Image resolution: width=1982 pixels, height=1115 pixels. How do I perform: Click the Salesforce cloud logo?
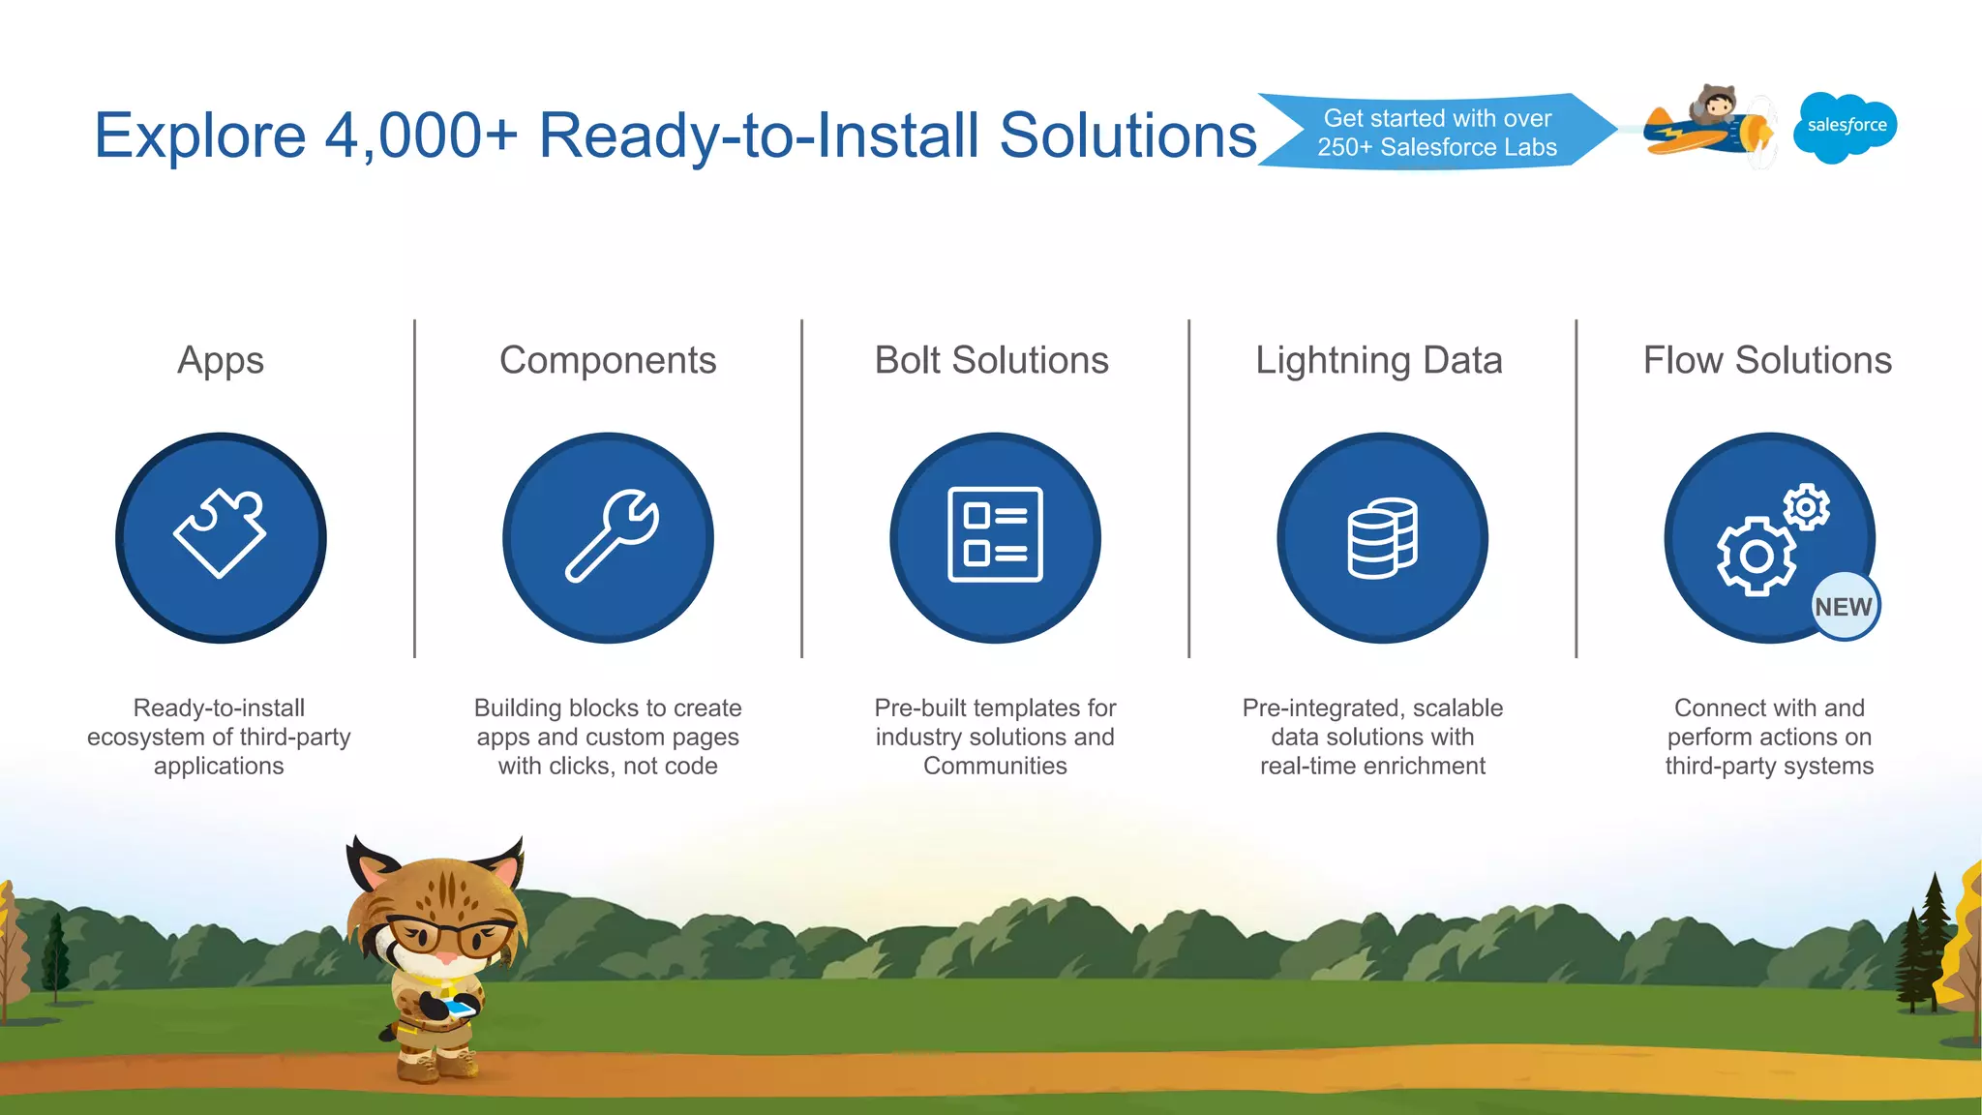(x=1846, y=127)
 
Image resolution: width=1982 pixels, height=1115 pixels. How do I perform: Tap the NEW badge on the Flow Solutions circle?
(x=1845, y=607)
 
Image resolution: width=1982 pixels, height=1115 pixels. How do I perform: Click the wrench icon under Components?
(x=612, y=534)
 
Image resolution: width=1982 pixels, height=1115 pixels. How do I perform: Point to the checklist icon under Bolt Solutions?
(x=995, y=534)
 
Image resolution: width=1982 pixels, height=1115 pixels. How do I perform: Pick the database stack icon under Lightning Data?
(x=1382, y=538)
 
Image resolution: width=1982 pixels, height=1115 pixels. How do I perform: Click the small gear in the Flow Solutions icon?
(x=1806, y=506)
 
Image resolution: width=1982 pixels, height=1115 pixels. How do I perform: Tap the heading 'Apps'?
(x=221, y=360)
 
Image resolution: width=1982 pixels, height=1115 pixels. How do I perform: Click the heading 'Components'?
(x=608, y=360)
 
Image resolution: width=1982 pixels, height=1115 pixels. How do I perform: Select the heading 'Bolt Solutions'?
(x=992, y=360)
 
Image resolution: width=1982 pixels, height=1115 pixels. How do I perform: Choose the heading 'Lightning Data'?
(x=1379, y=360)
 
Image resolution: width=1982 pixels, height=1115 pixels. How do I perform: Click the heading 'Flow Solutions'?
(x=1767, y=360)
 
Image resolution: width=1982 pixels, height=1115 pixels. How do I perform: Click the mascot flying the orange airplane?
(x=1711, y=124)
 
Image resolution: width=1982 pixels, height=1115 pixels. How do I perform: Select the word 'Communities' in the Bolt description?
(x=995, y=766)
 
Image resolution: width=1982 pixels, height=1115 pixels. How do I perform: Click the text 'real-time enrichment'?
(x=1372, y=766)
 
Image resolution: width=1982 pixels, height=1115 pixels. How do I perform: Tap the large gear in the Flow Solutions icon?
(x=1757, y=556)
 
